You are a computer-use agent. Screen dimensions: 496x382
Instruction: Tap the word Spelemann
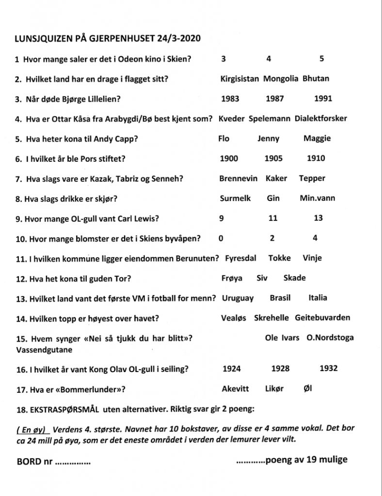269,118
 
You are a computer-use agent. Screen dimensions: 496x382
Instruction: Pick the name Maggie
317,139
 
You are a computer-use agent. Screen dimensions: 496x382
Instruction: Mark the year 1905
273,158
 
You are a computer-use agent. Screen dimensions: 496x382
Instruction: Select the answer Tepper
312,178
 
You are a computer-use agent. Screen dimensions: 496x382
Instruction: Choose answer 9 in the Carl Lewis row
222,218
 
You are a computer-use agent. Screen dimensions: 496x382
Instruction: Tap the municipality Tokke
280,258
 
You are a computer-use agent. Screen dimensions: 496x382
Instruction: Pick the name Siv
262,278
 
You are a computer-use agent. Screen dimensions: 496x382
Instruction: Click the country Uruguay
238,298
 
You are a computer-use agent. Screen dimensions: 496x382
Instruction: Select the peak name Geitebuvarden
322,318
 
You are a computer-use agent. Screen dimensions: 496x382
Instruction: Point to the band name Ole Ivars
282,338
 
